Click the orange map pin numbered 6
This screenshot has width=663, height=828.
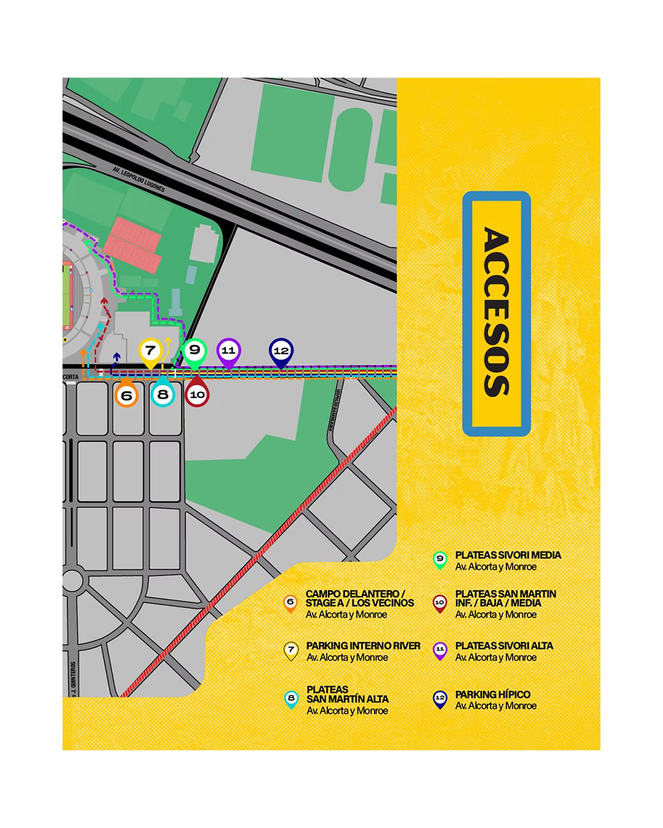point(126,395)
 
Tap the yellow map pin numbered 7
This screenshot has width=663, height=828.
point(150,351)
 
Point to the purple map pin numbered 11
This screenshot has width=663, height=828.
point(229,351)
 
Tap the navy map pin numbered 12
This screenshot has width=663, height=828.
point(281,351)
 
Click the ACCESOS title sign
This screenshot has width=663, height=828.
point(496,313)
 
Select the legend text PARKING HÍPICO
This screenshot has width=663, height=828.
point(492,694)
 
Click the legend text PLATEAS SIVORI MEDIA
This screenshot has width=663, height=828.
point(508,555)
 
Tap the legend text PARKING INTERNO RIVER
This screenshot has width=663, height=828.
point(363,645)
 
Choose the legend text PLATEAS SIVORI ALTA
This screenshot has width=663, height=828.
point(504,645)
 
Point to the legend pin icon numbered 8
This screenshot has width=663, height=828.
point(291,698)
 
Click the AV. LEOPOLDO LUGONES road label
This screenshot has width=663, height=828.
point(139,179)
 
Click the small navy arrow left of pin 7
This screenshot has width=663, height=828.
point(116,357)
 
